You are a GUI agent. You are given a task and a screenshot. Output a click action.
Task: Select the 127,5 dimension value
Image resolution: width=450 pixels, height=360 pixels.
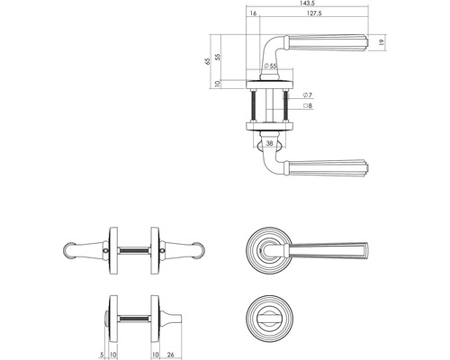coord(314,13)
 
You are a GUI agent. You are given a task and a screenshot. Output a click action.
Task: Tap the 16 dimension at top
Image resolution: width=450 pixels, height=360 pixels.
coord(253,13)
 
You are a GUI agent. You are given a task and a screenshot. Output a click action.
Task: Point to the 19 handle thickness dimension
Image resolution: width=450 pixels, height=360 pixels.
coord(382,42)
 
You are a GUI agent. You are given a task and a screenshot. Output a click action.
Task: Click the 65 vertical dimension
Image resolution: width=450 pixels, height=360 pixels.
coord(207,61)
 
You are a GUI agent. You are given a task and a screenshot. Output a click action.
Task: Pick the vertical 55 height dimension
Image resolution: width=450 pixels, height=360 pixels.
coord(218,57)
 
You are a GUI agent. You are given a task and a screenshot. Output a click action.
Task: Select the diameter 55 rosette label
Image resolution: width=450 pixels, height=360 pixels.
coord(270,66)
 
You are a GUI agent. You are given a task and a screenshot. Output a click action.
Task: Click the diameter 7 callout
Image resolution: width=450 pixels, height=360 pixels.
coord(308,95)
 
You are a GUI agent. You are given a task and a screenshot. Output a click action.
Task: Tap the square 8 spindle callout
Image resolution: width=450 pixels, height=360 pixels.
coord(308,105)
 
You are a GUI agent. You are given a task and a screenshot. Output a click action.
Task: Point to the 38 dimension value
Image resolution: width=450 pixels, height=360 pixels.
coord(270,143)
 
